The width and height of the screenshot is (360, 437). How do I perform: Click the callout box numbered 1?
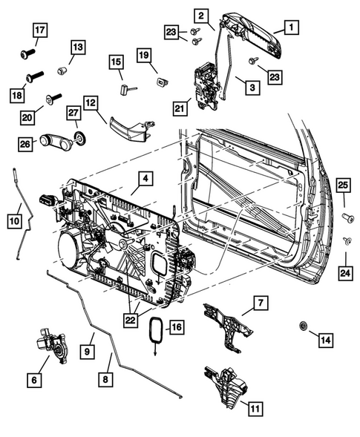[290, 28]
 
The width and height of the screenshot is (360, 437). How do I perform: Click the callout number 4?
[145, 178]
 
